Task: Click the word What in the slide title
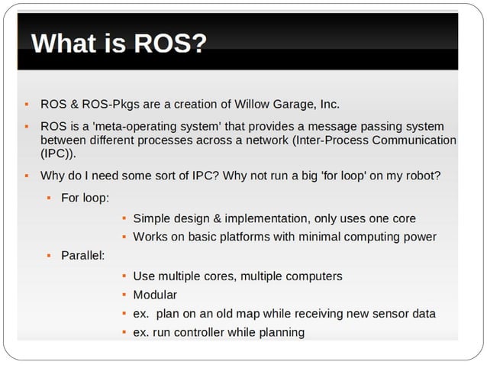coord(63,43)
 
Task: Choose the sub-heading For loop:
coord(85,198)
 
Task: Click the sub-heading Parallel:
coord(83,254)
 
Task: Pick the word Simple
coord(152,218)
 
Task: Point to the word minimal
coord(319,237)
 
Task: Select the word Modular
coord(155,295)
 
